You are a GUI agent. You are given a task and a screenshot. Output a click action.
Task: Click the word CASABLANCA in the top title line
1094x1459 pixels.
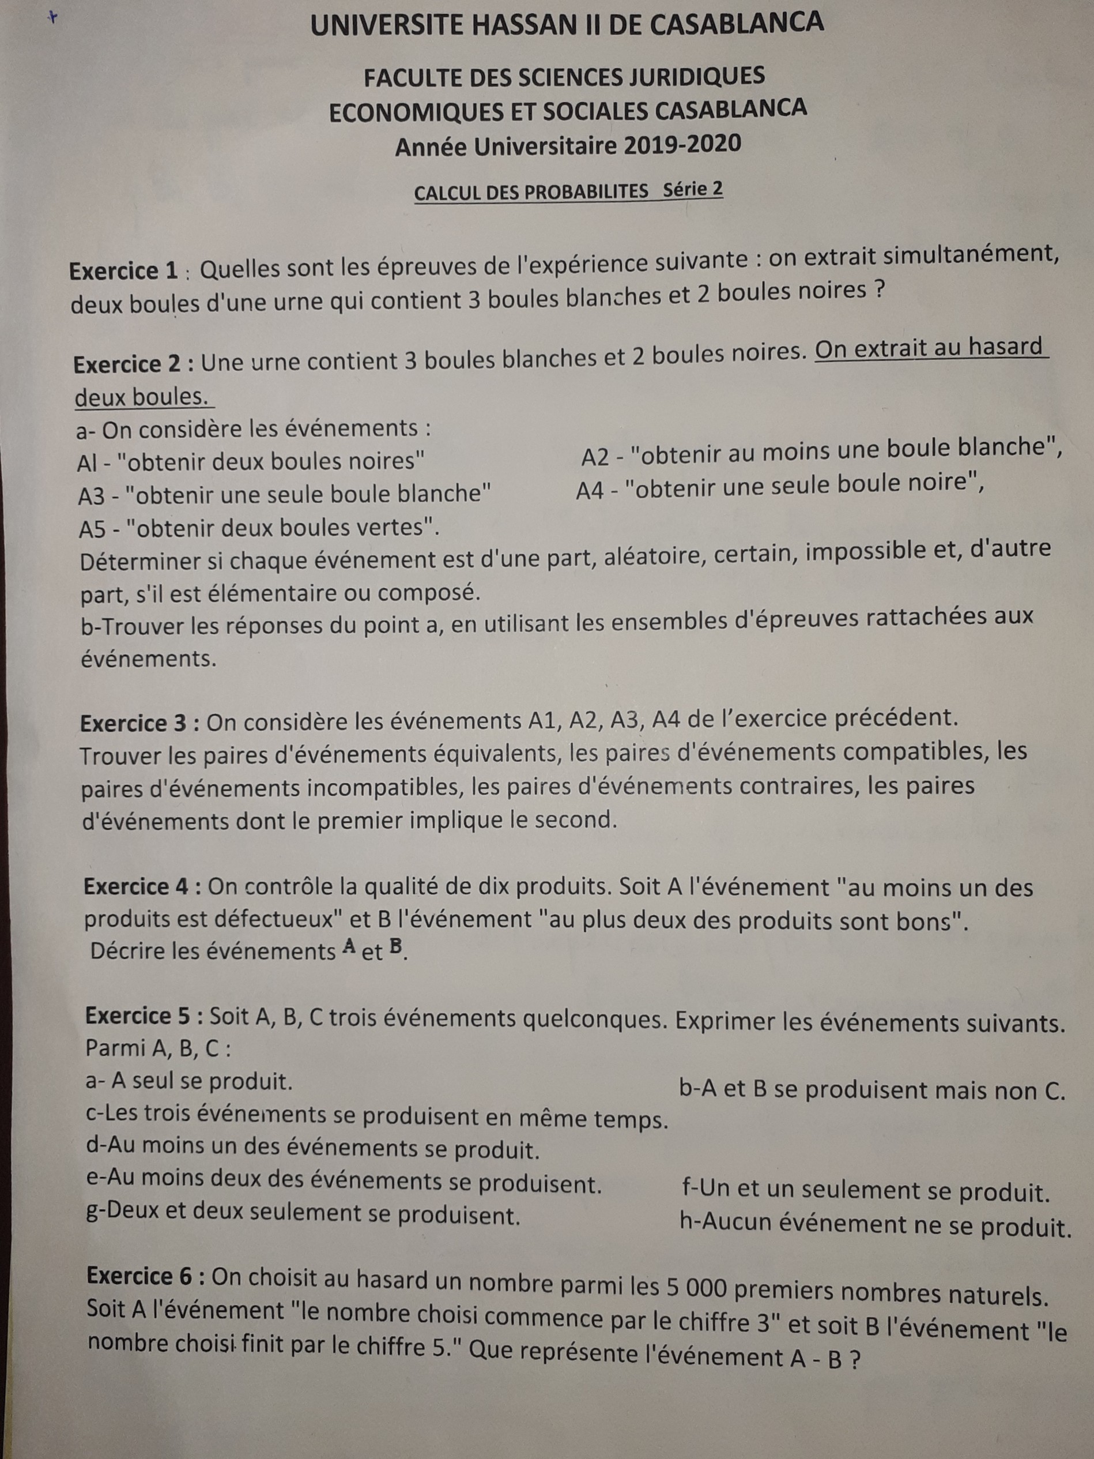tap(737, 24)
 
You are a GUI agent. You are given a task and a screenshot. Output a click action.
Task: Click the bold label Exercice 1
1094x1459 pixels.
tap(123, 271)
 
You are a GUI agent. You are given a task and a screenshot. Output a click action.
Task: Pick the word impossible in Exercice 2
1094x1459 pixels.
tap(872, 551)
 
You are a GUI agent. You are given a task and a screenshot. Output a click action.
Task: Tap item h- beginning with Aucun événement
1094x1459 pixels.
tap(874, 1225)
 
